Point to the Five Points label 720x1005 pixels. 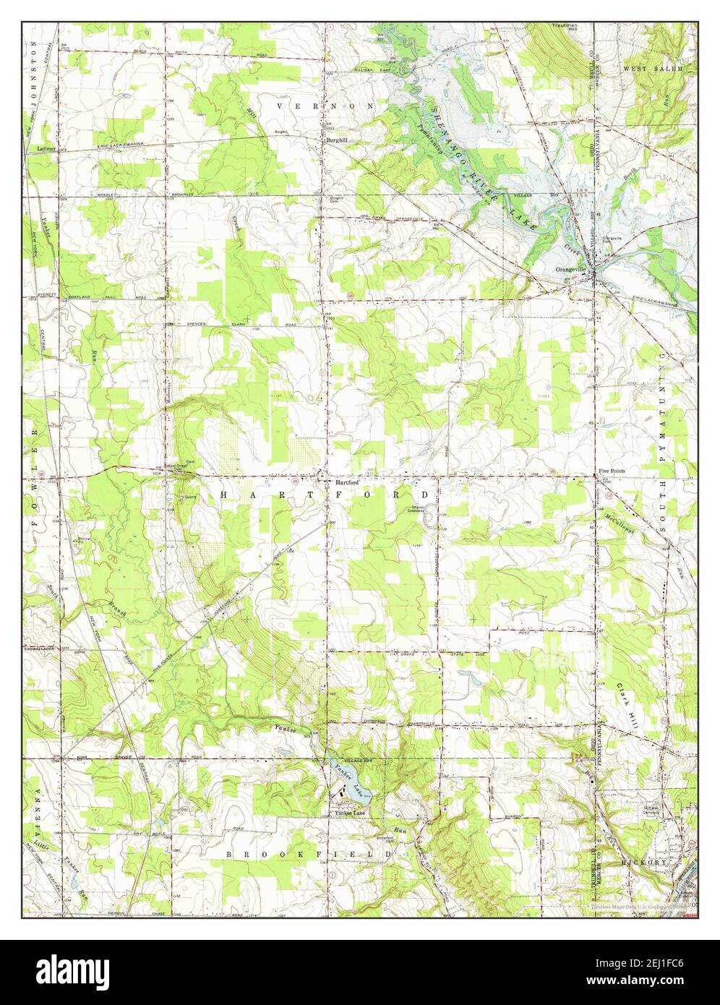click(x=612, y=471)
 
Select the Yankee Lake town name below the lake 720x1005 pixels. click(x=350, y=813)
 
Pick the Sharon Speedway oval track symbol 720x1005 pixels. click(x=432, y=516)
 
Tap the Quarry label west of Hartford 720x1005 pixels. click(x=190, y=497)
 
